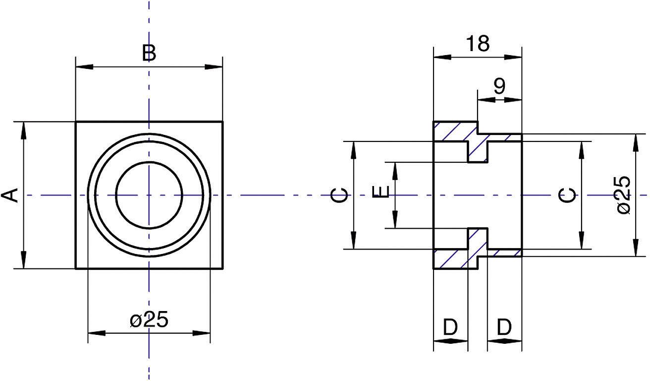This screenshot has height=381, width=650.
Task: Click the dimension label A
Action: click(12, 195)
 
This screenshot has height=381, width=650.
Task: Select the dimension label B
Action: click(149, 53)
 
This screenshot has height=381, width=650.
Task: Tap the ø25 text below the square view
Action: click(149, 320)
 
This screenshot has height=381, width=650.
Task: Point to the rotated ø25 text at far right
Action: click(623, 195)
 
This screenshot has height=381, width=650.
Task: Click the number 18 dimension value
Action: click(478, 44)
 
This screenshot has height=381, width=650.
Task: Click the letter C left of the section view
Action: click(339, 195)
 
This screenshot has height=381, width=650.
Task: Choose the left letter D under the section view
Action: click(450, 327)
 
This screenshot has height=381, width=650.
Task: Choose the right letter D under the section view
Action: click(504, 327)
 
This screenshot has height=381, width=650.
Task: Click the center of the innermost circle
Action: click(149, 195)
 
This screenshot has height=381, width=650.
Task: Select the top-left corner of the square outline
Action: click(76, 122)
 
